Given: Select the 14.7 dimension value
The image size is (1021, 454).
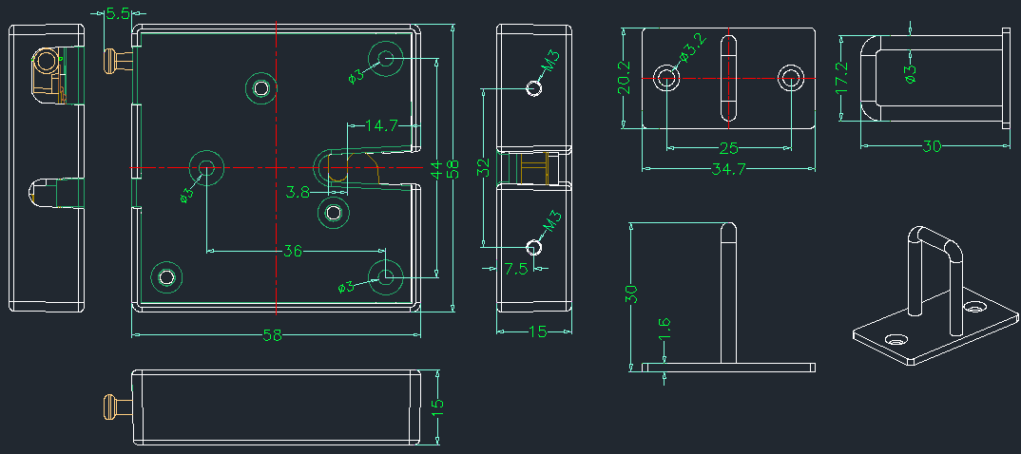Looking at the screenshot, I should (381, 125).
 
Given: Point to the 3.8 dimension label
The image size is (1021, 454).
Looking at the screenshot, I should (298, 192).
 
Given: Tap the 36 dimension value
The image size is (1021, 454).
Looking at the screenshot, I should (293, 251).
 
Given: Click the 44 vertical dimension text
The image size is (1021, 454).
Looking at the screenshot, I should (436, 171).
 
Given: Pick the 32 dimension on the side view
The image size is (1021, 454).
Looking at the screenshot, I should (483, 168).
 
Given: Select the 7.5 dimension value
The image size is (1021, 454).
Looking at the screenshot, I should (515, 269).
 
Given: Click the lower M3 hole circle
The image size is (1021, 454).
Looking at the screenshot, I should (534, 247).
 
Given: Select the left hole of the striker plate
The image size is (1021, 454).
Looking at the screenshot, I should (666, 78).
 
